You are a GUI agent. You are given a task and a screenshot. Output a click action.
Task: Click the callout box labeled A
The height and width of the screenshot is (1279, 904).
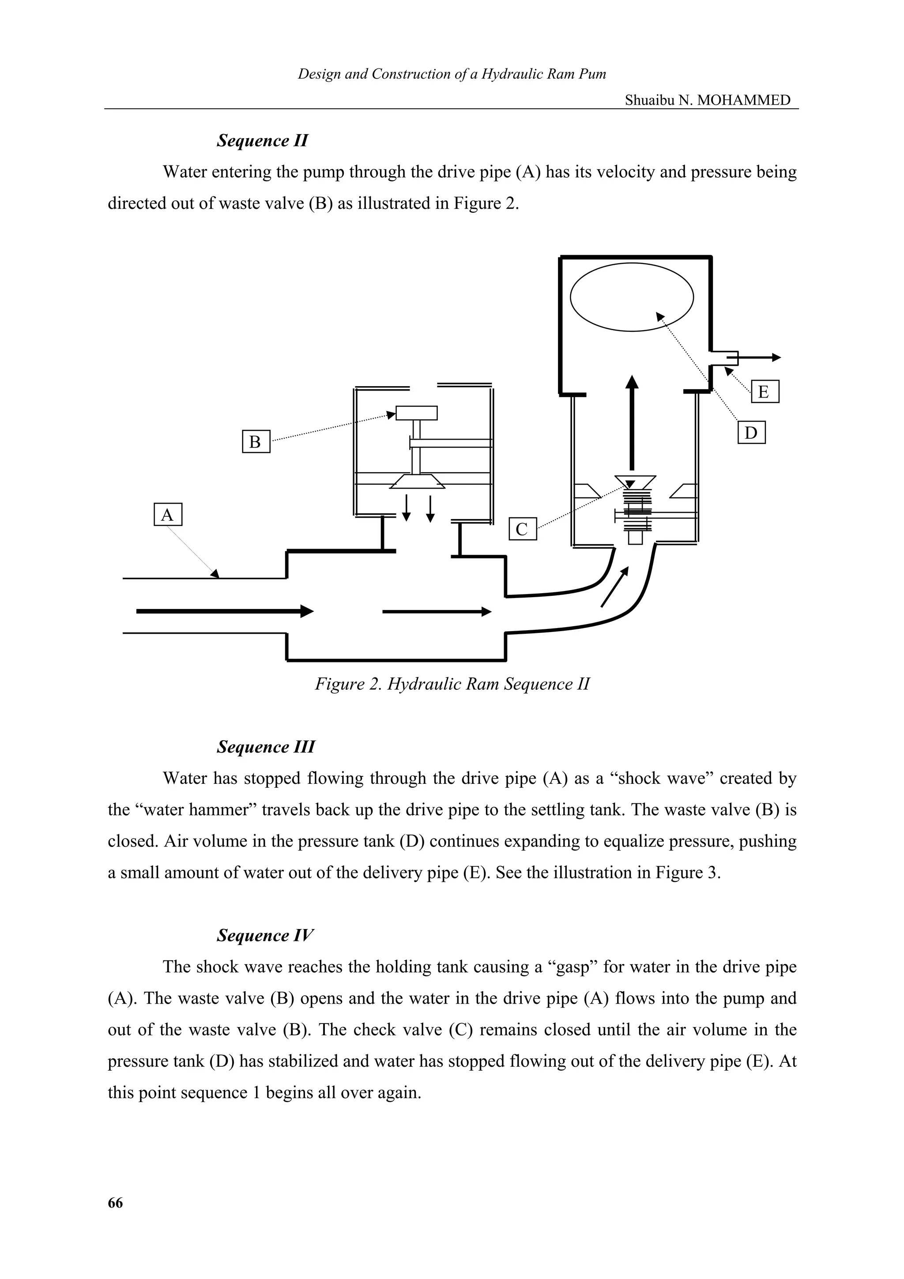pos(168,515)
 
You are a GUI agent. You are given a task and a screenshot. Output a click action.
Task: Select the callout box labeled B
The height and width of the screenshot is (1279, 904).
pos(256,442)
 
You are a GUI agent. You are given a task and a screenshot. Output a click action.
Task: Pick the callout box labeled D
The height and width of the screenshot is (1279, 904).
pos(751,433)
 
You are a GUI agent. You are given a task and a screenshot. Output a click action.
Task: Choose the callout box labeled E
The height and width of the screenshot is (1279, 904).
pos(764,391)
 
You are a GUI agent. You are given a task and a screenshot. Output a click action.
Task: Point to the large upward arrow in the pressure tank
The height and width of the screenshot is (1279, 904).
pos(632,423)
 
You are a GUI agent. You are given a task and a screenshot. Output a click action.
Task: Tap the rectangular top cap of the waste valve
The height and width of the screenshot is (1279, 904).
pos(416,413)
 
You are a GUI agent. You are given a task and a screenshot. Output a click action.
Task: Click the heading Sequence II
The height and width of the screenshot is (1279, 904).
pos(262,140)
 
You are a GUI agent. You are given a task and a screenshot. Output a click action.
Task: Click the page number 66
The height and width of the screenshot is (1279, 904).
pos(115,1203)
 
